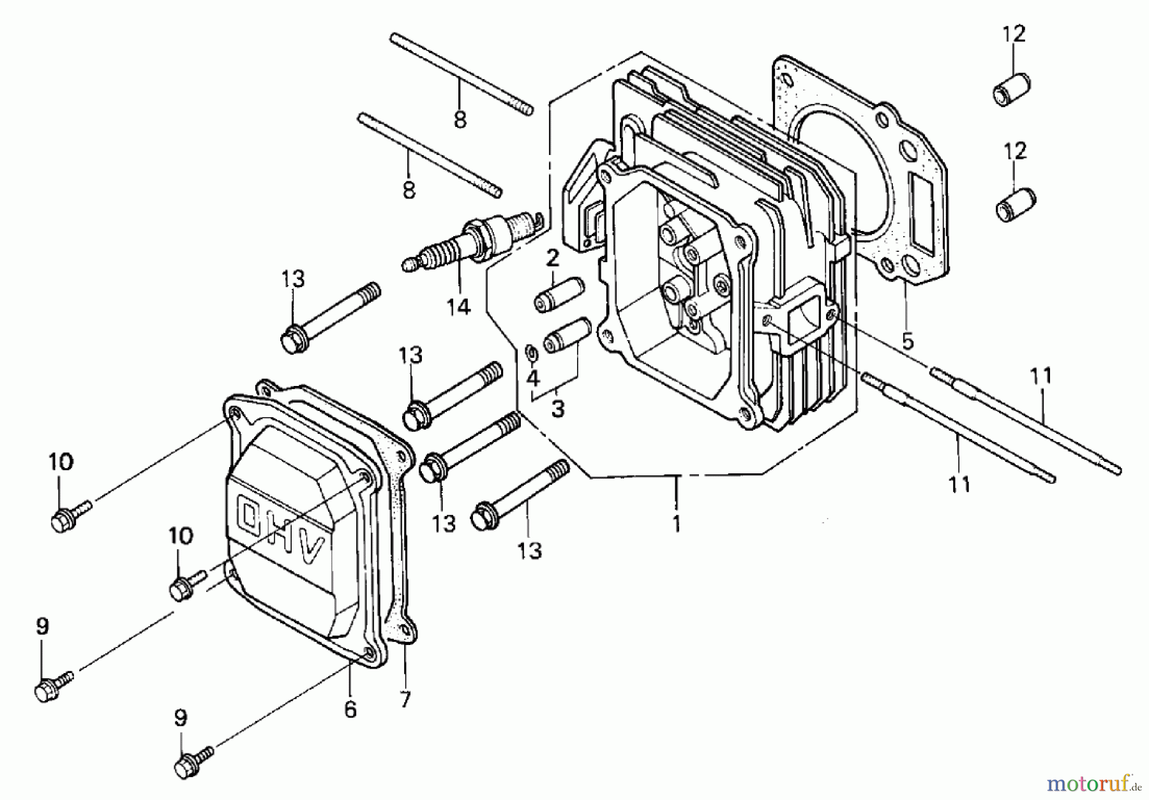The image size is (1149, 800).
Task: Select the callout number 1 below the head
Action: point(677,524)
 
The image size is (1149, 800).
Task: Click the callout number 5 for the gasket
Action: point(908,341)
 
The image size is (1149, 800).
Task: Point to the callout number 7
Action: point(405,700)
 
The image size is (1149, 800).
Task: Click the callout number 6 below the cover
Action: point(350,709)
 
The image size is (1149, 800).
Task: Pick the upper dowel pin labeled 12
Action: point(1012,89)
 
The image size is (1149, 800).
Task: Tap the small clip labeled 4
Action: point(530,352)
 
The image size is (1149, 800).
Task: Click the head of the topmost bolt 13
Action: point(293,340)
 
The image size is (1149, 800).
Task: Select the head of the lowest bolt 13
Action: point(484,516)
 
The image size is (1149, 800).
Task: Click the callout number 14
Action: point(458,307)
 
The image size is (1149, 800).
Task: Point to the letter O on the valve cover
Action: point(250,514)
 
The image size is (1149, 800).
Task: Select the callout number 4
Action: point(532,379)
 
